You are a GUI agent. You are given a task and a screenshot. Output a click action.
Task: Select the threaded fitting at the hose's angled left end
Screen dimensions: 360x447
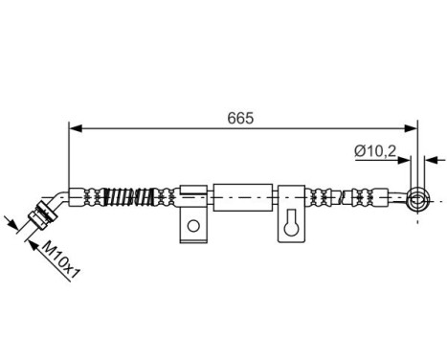click(x=38, y=217)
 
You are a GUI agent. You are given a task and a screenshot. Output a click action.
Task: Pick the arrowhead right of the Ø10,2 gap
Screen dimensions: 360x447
click(x=428, y=160)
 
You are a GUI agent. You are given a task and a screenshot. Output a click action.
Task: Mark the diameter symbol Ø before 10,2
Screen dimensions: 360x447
click(x=359, y=149)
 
